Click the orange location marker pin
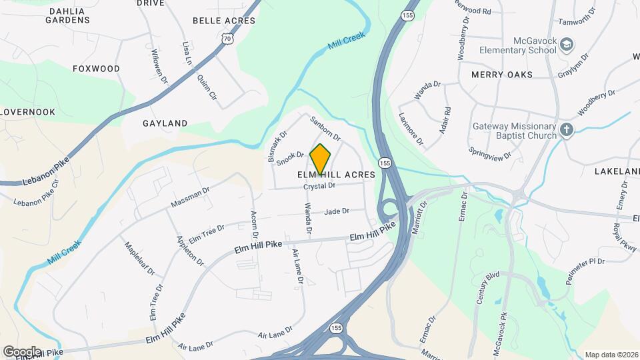321,159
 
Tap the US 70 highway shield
228,39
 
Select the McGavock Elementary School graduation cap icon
567,45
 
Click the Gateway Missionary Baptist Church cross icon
567,130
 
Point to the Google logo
22,351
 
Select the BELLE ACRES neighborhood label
224,21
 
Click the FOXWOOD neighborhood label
96,69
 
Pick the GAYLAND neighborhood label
165,123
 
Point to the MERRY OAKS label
502,75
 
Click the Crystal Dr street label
319,187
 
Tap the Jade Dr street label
337,211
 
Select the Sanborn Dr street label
325,129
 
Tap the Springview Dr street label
490,154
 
